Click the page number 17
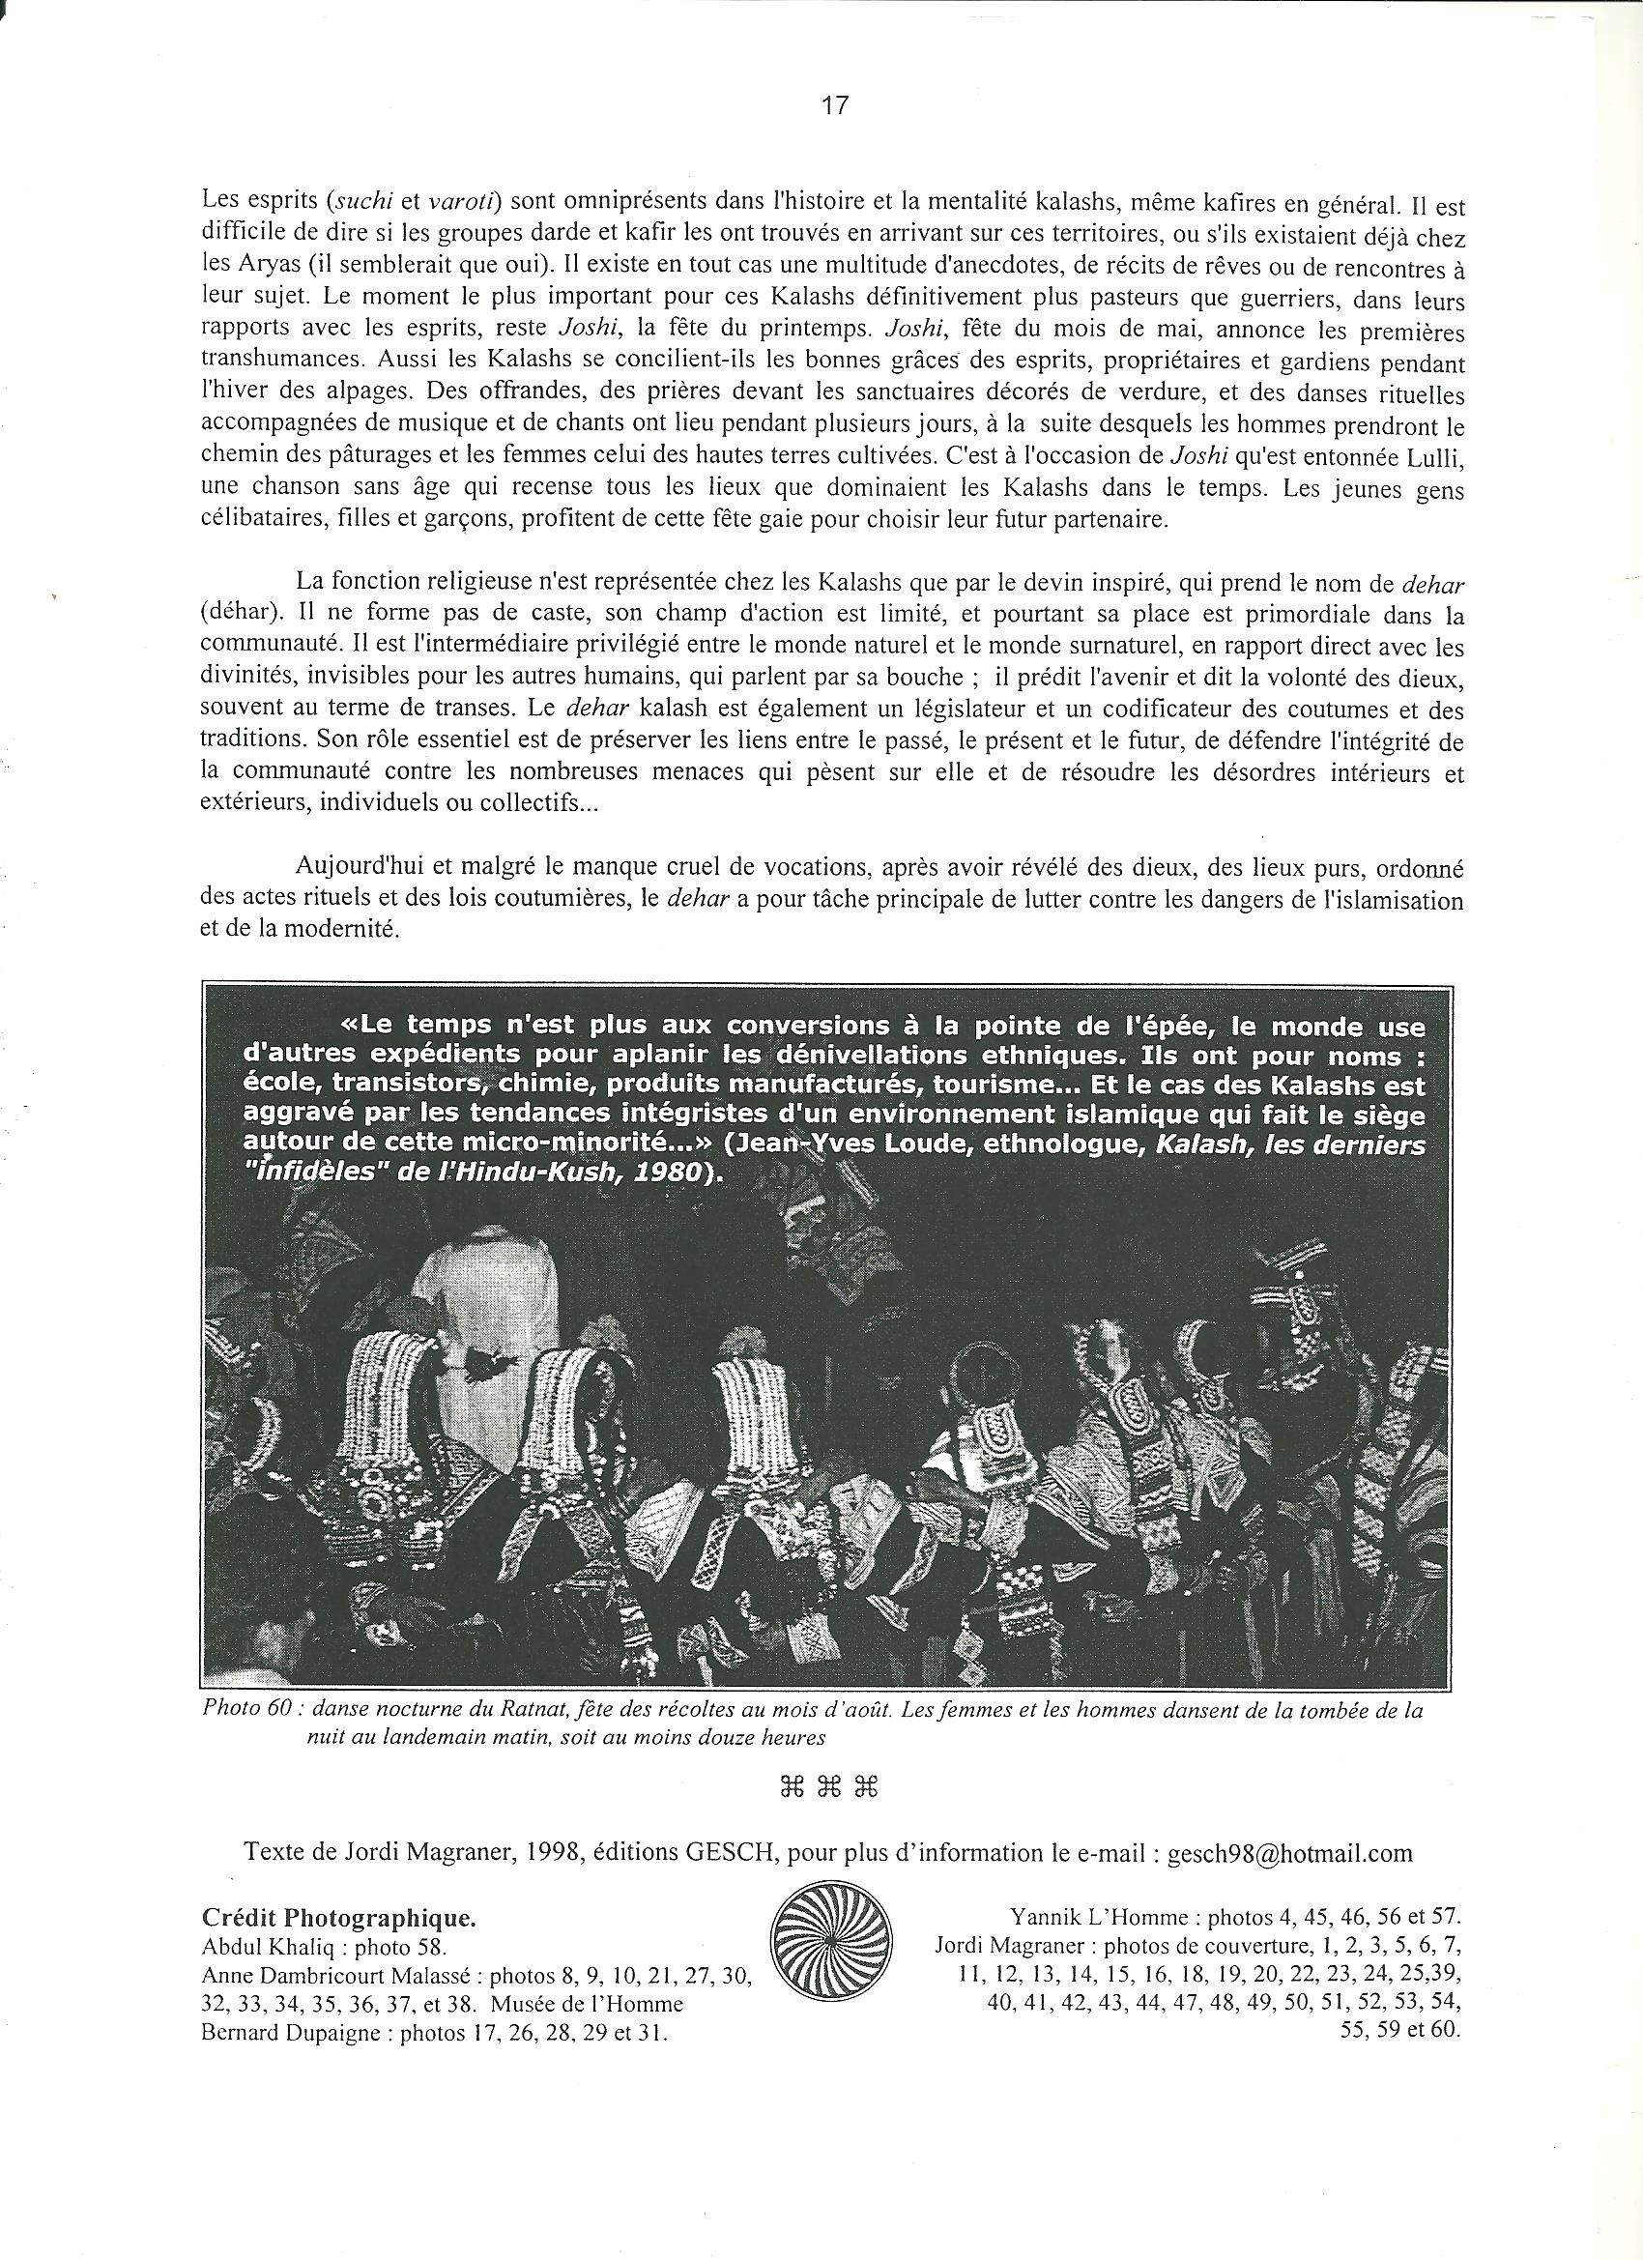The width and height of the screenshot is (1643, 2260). pyautogui.click(x=834, y=105)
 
